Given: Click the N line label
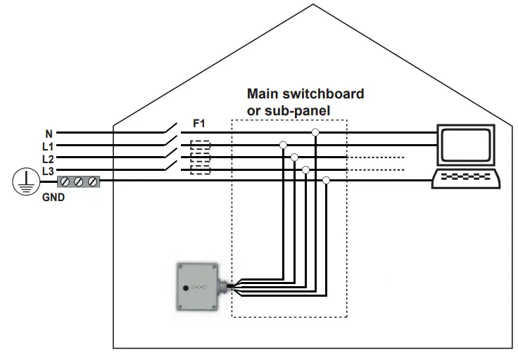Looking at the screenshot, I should tap(49, 133).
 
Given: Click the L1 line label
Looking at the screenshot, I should tap(48, 146).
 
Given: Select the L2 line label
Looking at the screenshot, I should tap(48, 158).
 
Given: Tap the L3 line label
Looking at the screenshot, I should tap(48, 171).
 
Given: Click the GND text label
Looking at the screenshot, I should tap(53, 198).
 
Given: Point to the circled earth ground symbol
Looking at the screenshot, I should tap(25, 182).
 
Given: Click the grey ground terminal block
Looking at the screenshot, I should tap(79, 182).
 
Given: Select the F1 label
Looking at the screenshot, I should tap(199, 124).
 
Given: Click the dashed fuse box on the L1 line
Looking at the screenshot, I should tap(201, 146).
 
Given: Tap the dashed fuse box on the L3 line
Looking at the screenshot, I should tap(201, 169).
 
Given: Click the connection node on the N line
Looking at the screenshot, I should tap(316, 132).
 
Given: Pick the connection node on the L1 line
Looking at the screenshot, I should tap(283, 145).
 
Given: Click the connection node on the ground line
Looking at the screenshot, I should tap(326, 181).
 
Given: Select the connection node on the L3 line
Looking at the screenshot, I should tap(305, 169).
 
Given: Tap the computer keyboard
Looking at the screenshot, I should tap(467, 178).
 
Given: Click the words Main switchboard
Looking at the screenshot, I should tap(305, 94).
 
